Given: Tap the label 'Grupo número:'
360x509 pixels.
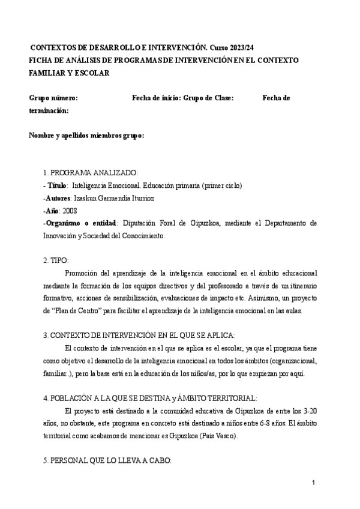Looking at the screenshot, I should (53, 98).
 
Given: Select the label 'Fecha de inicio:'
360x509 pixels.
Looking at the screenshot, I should (156, 98).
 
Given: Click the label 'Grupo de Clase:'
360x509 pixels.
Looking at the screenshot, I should (208, 98).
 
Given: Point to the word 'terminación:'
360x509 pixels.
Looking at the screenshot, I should (49, 110).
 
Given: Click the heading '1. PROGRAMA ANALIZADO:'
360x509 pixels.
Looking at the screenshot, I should (91, 172).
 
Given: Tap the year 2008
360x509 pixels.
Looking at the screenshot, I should (69, 210).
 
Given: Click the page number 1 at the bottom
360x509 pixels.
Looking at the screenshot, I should (313, 483).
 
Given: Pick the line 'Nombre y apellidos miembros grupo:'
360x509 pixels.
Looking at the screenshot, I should (86, 136).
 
